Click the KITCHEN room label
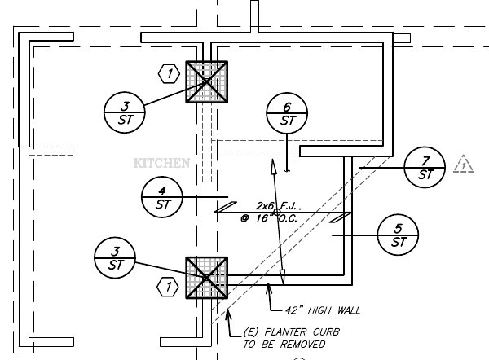click(x=161, y=163)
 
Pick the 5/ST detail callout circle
click(x=399, y=234)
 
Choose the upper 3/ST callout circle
click(x=125, y=112)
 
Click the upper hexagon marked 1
click(x=169, y=74)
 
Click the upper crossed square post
click(x=207, y=81)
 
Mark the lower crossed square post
click(x=207, y=278)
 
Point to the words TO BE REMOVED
click(x=280, y=344)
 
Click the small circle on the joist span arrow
click(x=277, y=213)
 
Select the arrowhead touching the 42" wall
click(x=271, y=288)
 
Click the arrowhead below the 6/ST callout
click(x=288, y=169)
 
